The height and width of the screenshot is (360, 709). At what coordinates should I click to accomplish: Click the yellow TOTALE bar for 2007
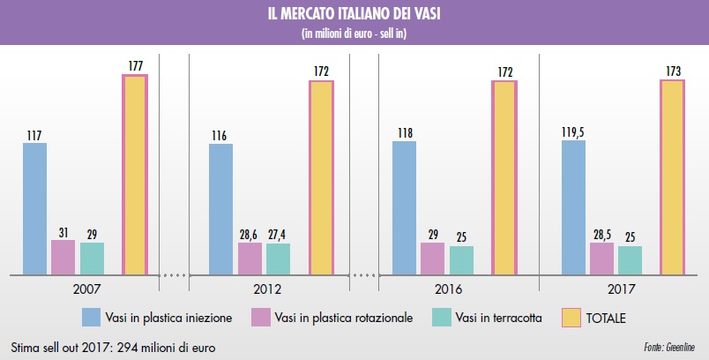pos(135,175)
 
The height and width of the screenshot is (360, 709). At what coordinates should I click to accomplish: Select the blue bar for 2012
pos(220,208)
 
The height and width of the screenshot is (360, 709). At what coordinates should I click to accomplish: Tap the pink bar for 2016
pos(432,258)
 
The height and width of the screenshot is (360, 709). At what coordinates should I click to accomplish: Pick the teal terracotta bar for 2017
pos(630,259)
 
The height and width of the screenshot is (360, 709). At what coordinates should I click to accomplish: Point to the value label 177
pos(135,64)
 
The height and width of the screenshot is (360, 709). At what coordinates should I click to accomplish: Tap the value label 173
pos(672,70)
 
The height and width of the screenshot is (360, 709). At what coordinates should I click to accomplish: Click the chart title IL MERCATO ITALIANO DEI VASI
pos(354,15)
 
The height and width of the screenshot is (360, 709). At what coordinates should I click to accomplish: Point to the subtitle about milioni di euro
pos(354,34)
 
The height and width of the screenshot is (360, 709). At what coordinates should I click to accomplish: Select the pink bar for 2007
pos(63,257)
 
